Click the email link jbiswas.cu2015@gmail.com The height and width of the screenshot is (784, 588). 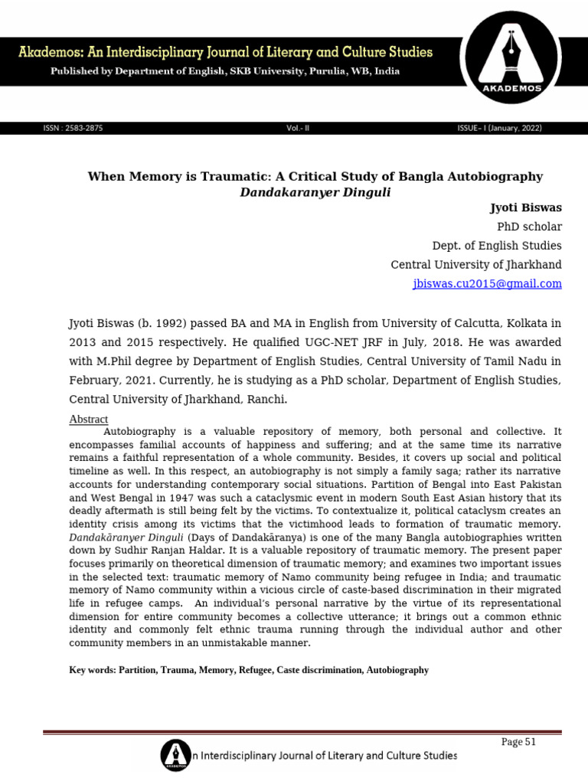click(487, 283)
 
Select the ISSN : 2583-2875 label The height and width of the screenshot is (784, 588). click(73, 129)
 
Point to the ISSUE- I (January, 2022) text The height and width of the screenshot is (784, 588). click(499, 129)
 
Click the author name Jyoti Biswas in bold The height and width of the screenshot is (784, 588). click(525, 208)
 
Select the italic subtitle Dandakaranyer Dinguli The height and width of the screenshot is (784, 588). click(315, 192)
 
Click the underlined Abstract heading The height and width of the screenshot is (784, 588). click(89, 420)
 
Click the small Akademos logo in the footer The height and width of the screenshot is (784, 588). click(175, 755)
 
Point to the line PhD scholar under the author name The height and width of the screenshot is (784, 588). click(529, 227)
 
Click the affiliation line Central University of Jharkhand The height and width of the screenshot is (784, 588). click(475, 264)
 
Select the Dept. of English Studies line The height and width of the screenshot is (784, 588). click(497, 246)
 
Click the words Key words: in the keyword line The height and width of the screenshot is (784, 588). click(92, 670)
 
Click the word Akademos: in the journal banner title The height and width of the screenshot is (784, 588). click(48, 53)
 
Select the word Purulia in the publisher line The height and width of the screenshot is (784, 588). click(325, 71)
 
